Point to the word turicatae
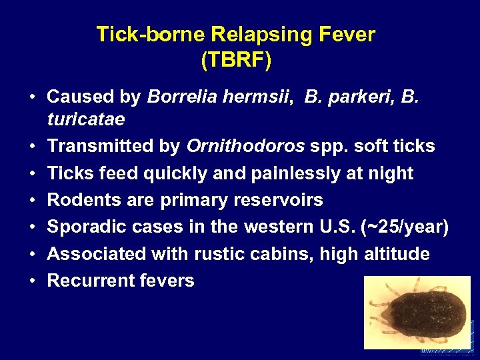pyautogui.click(x=85, y=119)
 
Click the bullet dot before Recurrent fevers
pyautogui.click(x=32, y=281)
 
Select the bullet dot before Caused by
pyautogui.click(x=32, y=97)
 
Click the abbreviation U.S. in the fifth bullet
pyautogui.click(x=334, y=227)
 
